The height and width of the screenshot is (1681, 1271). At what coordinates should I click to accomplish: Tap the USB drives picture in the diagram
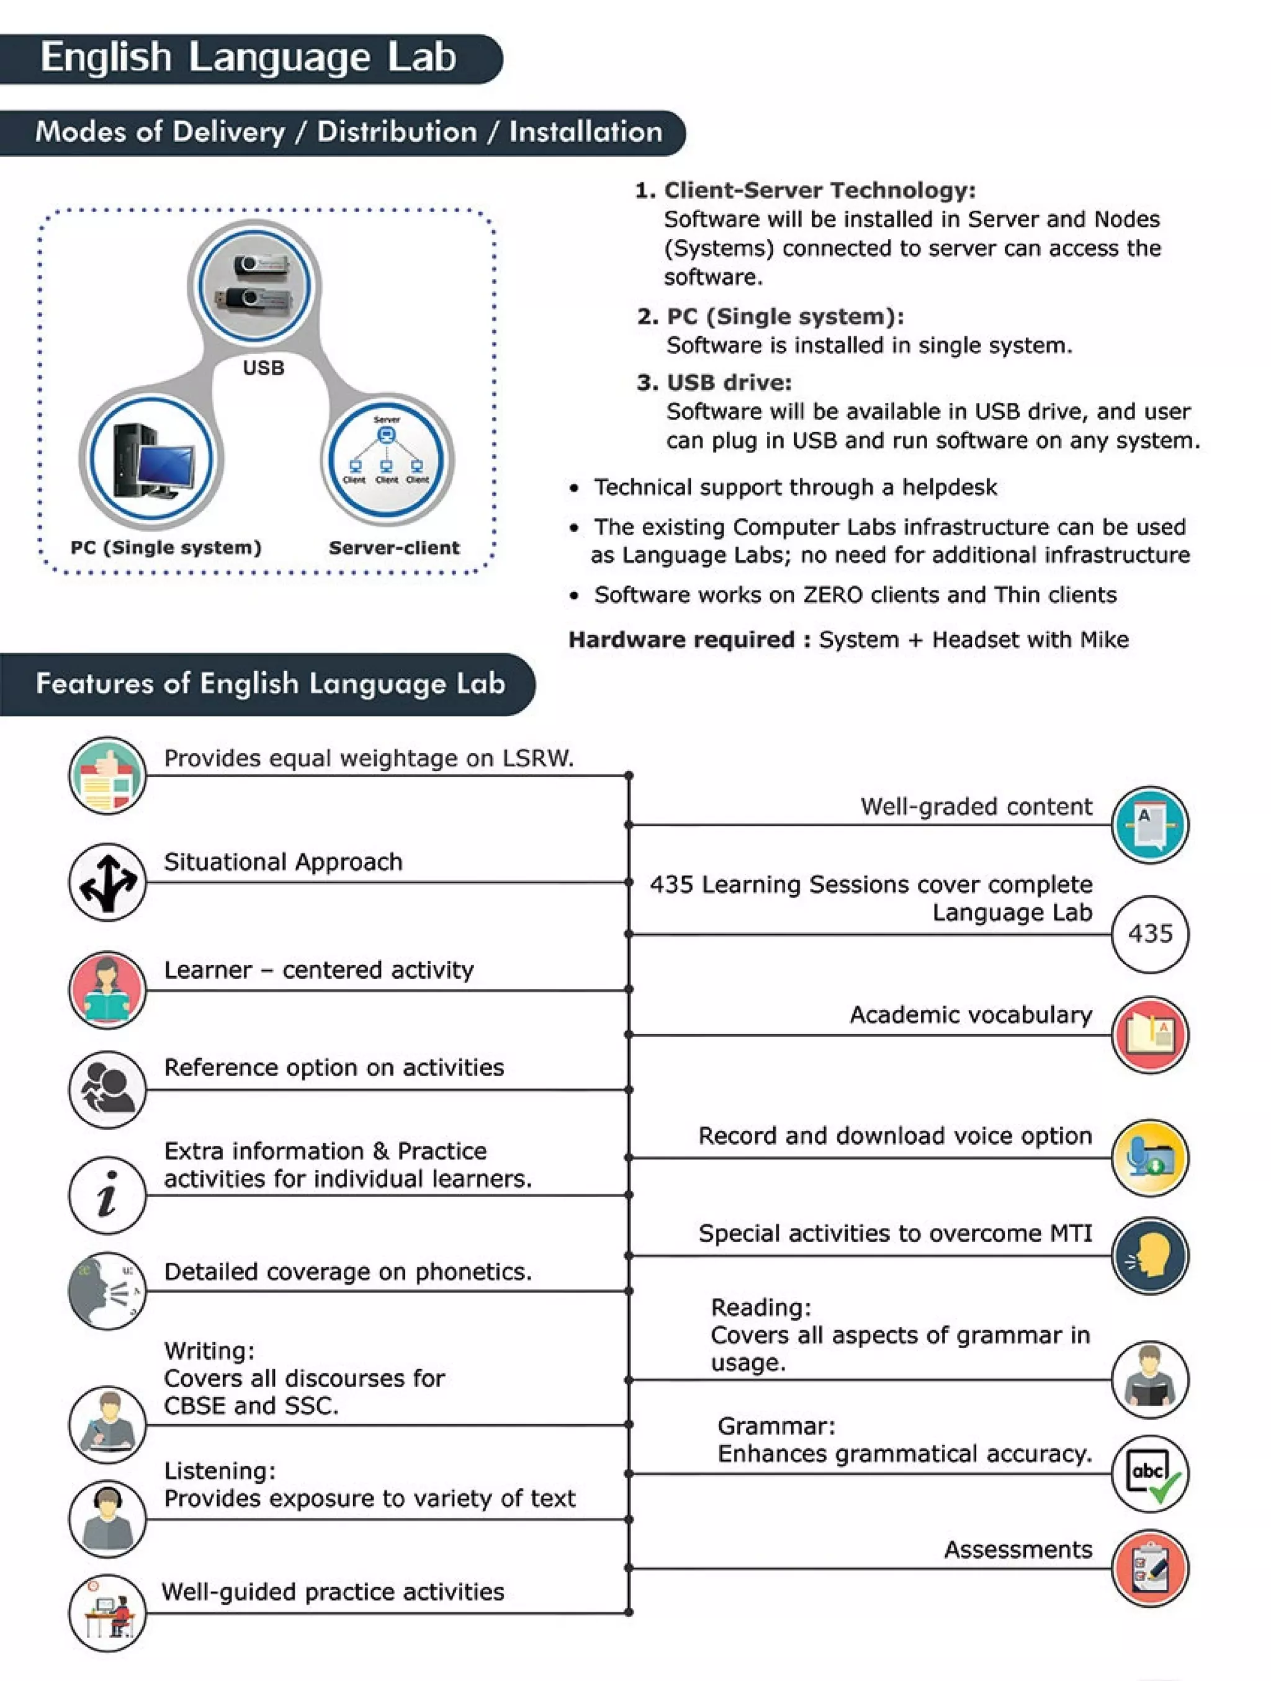click(x=254, y=283)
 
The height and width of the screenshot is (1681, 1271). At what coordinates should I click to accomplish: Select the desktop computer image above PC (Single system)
click(x=152, y=459)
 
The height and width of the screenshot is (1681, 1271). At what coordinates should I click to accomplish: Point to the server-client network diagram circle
click(x=387, y=459)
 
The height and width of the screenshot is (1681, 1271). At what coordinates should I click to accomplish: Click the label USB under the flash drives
click(x=263, y=368)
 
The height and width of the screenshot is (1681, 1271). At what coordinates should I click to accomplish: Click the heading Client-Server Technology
click(x=819, y=190)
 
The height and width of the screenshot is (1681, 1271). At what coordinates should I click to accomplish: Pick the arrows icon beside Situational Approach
click(x=107, y=882)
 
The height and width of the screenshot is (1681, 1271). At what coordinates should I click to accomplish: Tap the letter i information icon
click(x=107, y=1195)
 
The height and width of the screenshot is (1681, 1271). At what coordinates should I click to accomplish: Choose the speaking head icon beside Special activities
click(x=1149, y=1255)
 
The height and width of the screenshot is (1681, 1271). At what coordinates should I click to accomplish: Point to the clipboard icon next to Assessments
click(x=1149, y=1567)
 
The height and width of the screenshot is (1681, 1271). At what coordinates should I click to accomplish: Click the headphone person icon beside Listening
click(x=107, y=1518)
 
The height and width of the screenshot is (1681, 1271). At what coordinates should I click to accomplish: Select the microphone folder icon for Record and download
click(x=1149, y=1157)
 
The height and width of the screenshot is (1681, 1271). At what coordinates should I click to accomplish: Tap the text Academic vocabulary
click(x=970, y=1015)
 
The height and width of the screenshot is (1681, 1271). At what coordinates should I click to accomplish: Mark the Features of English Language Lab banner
click(x=270, y=683)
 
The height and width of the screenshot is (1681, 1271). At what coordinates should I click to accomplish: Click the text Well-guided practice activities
click(x=333, y=1591)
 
